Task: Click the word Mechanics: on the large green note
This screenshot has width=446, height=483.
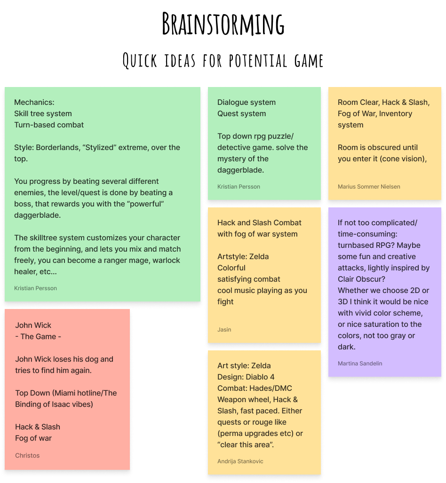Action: [x=34, y=103]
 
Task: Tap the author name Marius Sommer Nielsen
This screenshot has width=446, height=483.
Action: [x=369, y=187]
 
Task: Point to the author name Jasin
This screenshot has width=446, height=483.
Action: [x=224, y=330]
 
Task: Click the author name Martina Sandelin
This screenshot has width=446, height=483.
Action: [x=360, y=364]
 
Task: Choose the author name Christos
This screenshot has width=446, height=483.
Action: [x=27, y=456]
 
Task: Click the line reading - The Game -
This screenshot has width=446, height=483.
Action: [x=38, y=337]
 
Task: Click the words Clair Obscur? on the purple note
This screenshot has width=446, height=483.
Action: [x=361, y=279]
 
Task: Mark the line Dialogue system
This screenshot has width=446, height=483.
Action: [x=247, y=103]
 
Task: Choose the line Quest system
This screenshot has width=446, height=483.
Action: [x=241, y=114]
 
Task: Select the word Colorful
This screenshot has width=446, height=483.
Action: [x=231, y=268]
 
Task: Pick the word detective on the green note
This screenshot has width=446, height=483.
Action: [x=233, y=148]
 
